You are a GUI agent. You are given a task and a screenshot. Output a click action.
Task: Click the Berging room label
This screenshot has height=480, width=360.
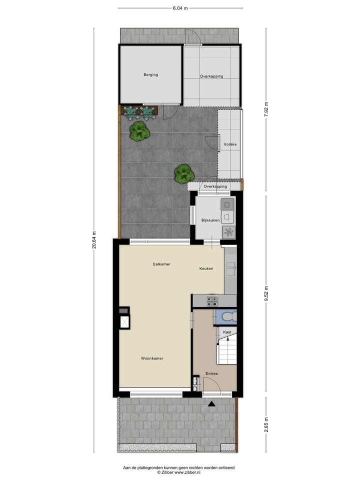(150, 75)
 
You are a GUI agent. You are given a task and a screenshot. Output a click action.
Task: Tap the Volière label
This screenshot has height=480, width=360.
(230, 144)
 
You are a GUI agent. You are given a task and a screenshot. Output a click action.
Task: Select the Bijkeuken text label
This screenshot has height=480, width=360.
(210, 220)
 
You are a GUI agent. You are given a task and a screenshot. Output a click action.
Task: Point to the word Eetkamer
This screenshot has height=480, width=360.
(161, 264)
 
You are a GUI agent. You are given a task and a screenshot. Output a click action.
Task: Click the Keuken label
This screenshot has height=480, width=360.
(206, 268)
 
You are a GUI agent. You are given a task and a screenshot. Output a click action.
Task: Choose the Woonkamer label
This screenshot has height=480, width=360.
(152, 358)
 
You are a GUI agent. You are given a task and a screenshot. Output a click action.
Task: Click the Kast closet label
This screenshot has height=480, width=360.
(227, 332)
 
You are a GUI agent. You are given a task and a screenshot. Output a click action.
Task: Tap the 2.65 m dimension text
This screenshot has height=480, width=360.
(266, 426)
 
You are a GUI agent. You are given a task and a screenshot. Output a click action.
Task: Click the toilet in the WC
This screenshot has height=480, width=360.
(228, 316)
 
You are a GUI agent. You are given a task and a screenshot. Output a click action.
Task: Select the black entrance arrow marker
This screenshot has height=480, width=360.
(212, 403)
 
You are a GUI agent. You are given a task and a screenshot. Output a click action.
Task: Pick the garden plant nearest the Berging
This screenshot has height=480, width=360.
(139, 131)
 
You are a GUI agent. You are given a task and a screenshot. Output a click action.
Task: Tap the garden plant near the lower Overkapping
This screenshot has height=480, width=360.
(184, 173)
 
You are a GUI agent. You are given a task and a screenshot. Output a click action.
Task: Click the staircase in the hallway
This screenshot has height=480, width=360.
(226, 350)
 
